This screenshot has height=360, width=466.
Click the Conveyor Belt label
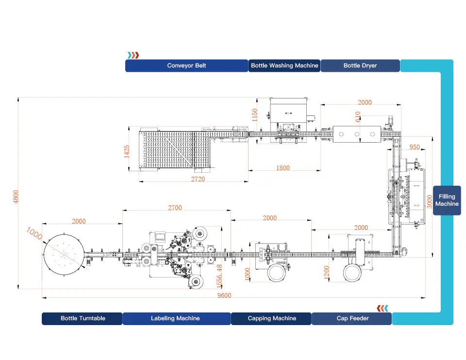pyautogui.click(x=186, y=65)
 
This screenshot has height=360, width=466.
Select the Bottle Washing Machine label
pyautogui.click(x=284, y=65)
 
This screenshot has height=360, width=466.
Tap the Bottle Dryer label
pyautogui.click(x=360, y=65)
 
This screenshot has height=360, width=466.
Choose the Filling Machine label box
pyautogui.click(x=447, y=200)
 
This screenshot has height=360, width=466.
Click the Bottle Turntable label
pyautogui.click(x=83, y=318)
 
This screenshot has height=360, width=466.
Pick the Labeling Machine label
pyautogui.click(x=175, y=318)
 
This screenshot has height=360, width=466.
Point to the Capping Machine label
pyautogui.click(x=272, y=318)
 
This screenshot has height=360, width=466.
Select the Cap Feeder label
pyautogui.click(x=352, y=318)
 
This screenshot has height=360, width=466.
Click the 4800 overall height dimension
pyautogui.click(x=16, y=196)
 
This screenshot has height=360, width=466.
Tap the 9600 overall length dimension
pyautogui.click(x=224, y=295)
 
